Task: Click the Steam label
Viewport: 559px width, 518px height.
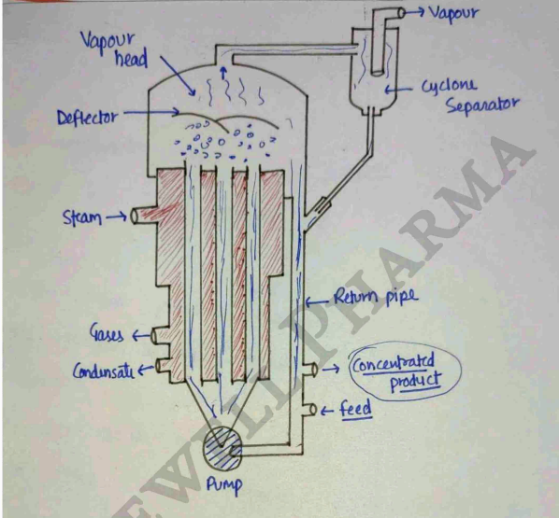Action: coord(81,217)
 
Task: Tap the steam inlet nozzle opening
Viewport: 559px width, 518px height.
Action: coord(135,216)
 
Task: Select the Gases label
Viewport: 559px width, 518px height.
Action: coord(107,333)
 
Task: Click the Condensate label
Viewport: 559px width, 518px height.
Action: coord(104,371)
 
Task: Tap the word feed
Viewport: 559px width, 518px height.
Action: coord(355,409)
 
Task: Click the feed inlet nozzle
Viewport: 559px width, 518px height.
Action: coord(309,410)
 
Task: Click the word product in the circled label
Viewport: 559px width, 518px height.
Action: coord(416,382)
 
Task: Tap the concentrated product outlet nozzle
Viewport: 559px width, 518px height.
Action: coord(310,370)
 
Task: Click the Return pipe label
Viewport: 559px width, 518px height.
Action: coord(376,297)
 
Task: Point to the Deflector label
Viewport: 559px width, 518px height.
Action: coord(87,117)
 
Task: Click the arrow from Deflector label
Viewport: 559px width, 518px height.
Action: coord(151,113)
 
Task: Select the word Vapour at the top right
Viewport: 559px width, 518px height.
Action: coord(453,13)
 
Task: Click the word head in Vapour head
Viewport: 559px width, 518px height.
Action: coord(131,59)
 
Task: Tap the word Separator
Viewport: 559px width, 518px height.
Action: coord(482,105)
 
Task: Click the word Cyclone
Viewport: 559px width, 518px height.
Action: coord(448,86)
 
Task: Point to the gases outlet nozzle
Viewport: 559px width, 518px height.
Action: coord(155,336)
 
